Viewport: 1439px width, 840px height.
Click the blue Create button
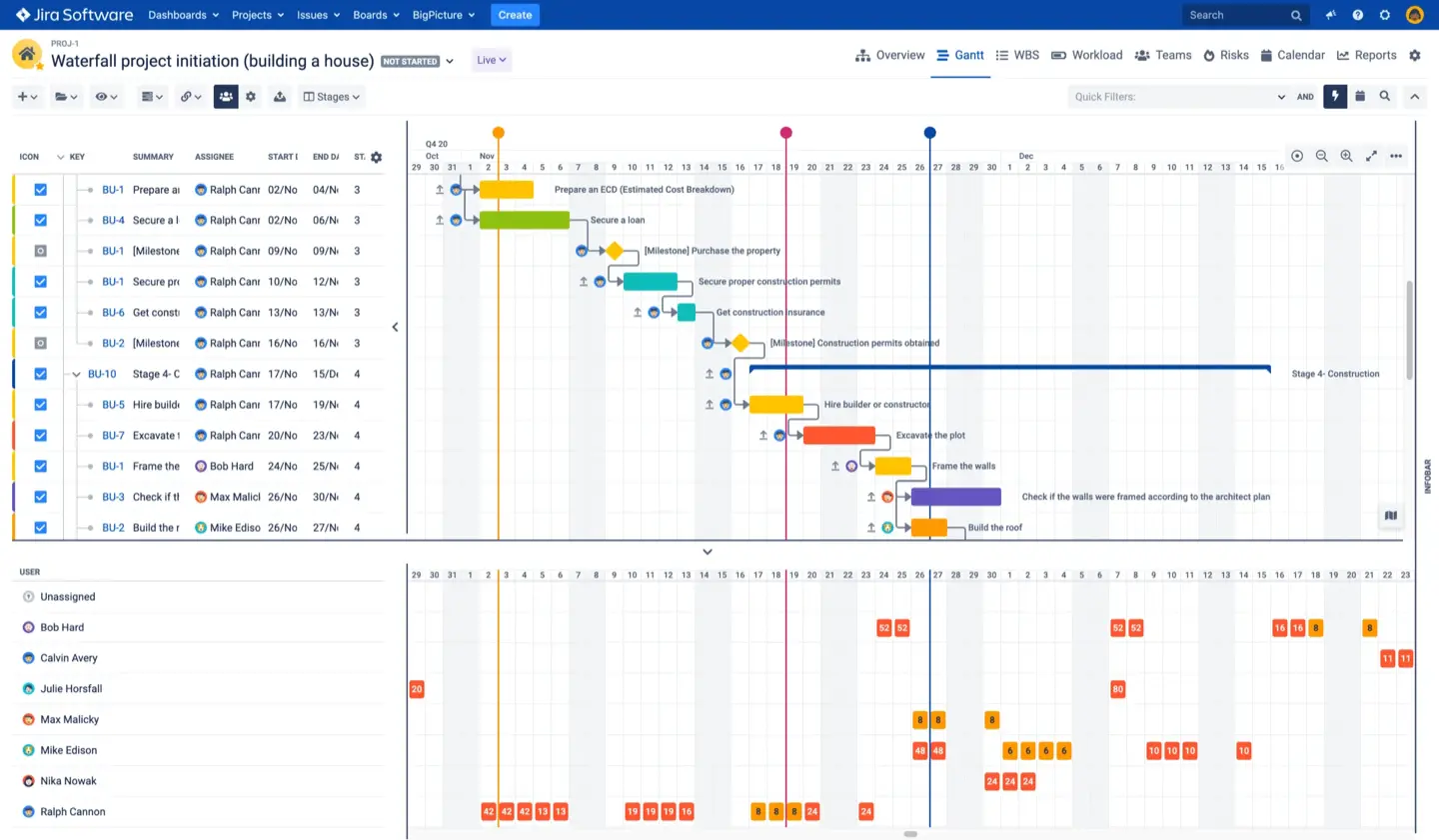(515, 15)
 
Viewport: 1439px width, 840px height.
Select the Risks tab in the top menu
(1226, 55)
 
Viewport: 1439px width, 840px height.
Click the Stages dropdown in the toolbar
(332, 97)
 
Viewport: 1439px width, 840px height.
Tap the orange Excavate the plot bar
(838, 435)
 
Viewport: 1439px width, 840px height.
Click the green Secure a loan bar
(524, 220)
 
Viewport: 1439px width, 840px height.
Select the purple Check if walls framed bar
(955, 497)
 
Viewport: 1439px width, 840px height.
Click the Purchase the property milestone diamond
(614, 251)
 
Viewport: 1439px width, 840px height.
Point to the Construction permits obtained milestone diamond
(739, 343)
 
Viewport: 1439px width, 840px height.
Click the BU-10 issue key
(102, 374)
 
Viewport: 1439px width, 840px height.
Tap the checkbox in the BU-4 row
(41, 220)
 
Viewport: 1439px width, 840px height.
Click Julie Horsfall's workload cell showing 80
(1117, 689)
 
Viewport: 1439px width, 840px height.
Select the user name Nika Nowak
(68, 781)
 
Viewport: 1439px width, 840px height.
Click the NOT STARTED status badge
(410, 61)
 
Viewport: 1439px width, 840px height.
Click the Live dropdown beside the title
(491, 60)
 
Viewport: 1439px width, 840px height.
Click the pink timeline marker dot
(785, 133)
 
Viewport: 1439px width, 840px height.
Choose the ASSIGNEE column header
(214, 157)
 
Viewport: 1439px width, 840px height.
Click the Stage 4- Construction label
(1334, 374)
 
